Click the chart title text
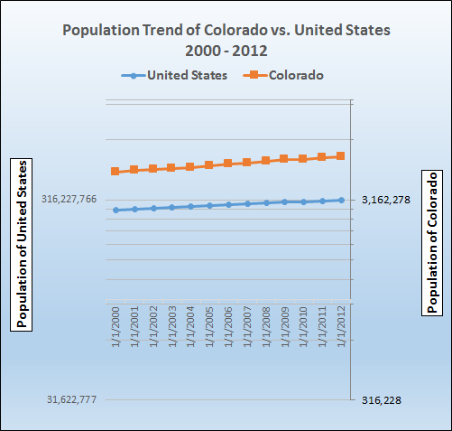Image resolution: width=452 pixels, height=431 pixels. [226, 38]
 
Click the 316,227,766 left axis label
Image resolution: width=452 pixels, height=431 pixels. [69, 200]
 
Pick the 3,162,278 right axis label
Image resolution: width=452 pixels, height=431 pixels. [385, 200]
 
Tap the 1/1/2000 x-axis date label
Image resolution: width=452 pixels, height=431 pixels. [115, 329]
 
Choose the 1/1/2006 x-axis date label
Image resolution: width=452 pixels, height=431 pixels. [228, 329]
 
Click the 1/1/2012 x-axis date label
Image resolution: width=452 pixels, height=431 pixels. [341, 329]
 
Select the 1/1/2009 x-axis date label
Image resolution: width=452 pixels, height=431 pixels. [285, 329]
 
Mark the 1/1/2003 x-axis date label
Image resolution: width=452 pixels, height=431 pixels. [171, 329]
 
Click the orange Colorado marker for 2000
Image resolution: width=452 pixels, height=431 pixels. [115, 171]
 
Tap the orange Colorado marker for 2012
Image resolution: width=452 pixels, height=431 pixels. [341, 156]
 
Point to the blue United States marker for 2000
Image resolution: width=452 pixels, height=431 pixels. [115, 210]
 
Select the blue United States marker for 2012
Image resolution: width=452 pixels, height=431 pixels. [341, 200]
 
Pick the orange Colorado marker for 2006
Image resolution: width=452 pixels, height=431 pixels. [228, 164]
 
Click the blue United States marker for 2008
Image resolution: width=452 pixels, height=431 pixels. [266, 202]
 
